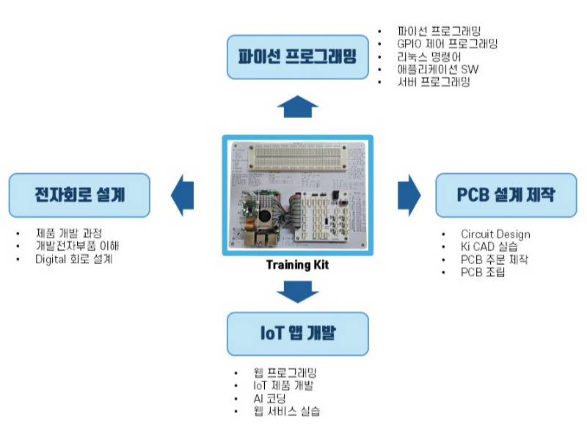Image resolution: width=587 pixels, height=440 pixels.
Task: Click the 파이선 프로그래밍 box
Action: [297, 56]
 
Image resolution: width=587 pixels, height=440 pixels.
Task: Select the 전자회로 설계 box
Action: [79, 195]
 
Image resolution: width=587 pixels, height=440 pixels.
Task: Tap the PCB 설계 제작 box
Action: [506, 195]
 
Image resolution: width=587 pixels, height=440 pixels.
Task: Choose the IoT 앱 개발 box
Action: [297, 334]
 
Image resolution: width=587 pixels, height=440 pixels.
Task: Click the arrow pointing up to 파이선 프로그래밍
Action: [297, 106]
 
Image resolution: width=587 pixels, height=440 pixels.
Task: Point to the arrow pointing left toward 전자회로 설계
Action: [182, 195]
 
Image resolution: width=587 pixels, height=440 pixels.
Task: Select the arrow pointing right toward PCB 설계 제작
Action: [409, 195]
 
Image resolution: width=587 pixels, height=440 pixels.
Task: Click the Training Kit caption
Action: [297, 265]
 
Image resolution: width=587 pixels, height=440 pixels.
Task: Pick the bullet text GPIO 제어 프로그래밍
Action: [447, 44]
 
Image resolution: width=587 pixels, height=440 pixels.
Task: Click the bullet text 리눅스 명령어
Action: [429, 56]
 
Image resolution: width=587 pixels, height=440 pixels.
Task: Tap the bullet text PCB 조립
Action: [483, 273]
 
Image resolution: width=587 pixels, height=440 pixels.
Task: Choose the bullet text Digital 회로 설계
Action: [74, 259]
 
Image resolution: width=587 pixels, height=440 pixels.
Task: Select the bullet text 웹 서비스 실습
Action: [286, 411]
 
